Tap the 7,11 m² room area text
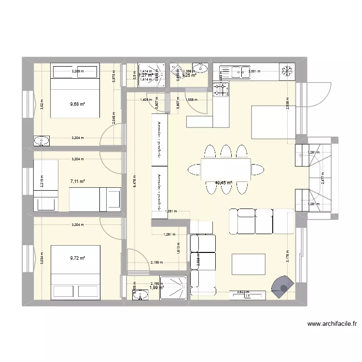[x=77, y=181]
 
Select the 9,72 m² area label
[x=77, y=258]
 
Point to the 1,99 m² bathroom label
[x=157, y=288]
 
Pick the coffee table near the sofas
[x=248, y=265]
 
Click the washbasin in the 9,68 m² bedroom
[x=42, y=141]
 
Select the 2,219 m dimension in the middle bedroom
[x=42, y=182]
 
